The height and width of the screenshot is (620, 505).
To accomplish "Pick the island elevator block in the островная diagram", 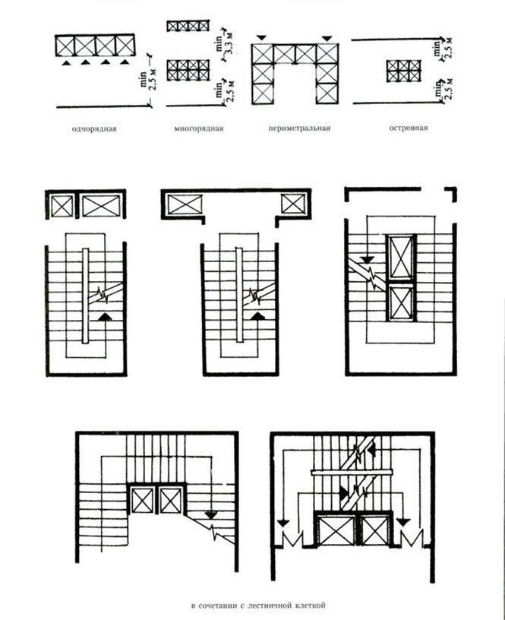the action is (x=404, y=71).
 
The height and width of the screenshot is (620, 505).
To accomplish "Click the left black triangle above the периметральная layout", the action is (x=262, y=36).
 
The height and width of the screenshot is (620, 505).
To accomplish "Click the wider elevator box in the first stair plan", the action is (x=99, y=205).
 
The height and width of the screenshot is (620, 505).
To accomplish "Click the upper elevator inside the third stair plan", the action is (x=400, y=257).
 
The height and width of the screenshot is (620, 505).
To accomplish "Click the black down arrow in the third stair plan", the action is (x=367, y=261).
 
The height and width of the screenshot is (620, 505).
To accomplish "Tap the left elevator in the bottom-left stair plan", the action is (x=143, y=501).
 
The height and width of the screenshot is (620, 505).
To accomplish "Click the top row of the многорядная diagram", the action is (x=188, y=27).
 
